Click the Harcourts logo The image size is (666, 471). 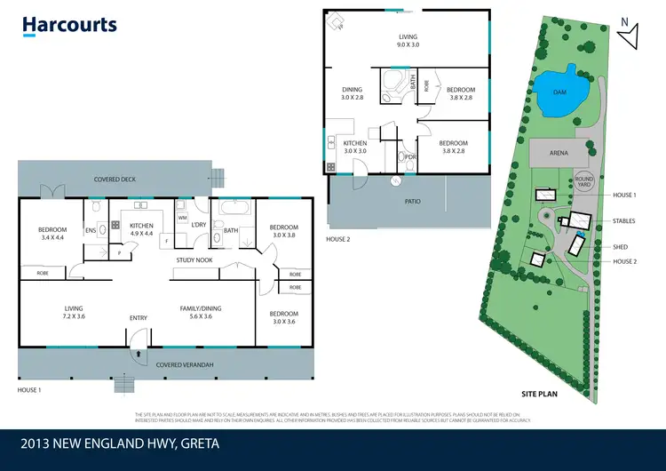point(69,25)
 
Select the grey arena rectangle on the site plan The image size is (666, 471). point(559,153)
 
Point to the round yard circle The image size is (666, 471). point(583,180)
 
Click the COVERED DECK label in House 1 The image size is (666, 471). point(115,180)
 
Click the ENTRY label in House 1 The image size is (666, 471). point(139,317)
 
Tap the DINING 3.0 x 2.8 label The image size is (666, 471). point(353,93)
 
